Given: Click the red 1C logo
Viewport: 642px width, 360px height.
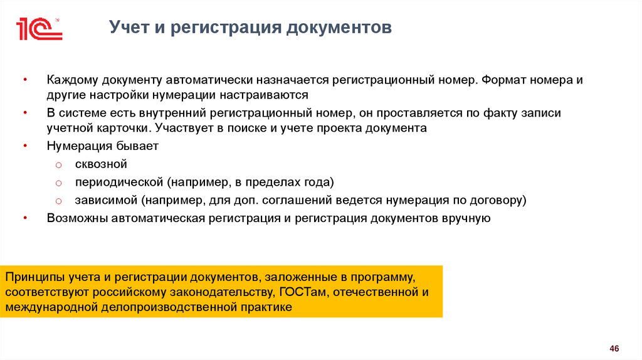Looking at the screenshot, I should [38, 29].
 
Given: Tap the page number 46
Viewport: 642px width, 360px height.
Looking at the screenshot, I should [614, 348].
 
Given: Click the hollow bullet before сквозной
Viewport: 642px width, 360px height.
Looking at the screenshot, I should [57, 165].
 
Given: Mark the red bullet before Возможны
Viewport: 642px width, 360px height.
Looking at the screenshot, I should [25, 218].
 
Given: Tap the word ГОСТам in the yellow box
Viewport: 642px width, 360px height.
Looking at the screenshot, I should [303, 292].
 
